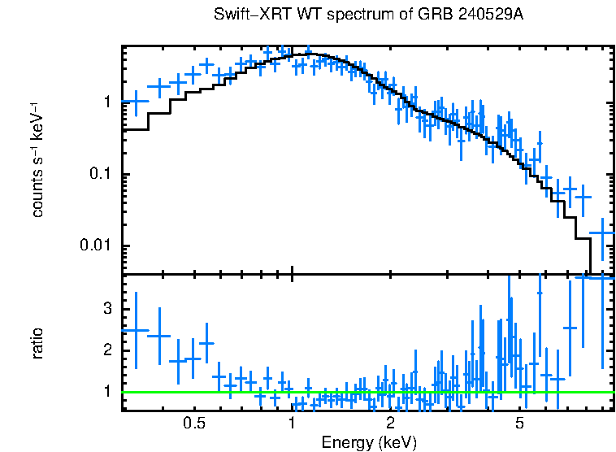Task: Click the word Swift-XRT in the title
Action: click(248, 15)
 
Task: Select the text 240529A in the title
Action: click(499, 15)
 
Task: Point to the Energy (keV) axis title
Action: click(369, 442)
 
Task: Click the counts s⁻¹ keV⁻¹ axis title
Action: click(37, 161)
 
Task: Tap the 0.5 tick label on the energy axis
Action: click(193, 424)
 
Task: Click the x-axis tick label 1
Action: click(292, 424)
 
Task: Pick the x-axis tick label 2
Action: click(390, 424)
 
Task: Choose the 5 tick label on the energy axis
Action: click(519, 424)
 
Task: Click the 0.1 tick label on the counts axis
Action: click(101, 175)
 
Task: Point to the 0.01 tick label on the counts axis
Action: click(98, 246)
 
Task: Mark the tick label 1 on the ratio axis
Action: click(106, 392)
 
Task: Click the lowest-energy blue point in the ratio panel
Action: click(136, 330)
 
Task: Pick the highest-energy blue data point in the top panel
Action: click(602, 233)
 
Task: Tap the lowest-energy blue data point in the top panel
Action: click(136, 102)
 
